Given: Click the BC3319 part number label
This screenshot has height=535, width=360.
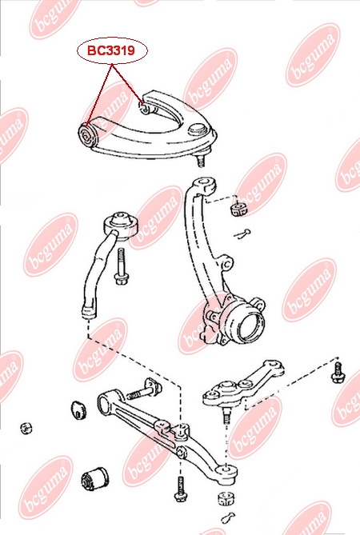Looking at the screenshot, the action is click(x=111, y=50).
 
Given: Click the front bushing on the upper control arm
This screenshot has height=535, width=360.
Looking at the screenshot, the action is click(x=88, y=135).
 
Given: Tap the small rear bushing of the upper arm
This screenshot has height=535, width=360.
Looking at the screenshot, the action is click(x=145, y=108).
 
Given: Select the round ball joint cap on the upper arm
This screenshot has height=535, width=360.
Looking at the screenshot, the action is click(x=197, y=130).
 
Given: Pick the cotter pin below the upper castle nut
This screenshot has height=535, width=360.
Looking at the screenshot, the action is click(x=242, y=234).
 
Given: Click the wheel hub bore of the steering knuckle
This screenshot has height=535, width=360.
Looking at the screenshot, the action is click(x=251, y=328).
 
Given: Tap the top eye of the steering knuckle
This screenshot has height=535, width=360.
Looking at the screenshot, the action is click(x=205, y=184).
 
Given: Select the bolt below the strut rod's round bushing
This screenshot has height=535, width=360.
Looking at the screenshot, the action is click(x=121, y=266).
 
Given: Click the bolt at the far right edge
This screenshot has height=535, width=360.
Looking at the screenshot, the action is click(x=338, y=373).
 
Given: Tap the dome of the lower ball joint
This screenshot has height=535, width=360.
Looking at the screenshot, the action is click(x=226, y=388).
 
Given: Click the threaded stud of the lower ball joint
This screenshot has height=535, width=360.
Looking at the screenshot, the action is click(x=226, y=415).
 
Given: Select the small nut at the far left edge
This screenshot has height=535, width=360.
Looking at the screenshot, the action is click(x=26, y=428).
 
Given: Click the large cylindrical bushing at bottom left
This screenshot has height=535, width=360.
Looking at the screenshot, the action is click(x=95, y=479).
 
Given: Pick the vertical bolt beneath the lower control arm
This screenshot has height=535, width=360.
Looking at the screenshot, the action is click(x=179, y=489).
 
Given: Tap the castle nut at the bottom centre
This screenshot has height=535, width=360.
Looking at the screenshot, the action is click(x=226, y=498).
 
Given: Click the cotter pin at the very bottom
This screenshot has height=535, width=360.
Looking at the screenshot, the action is click(x=228, y=517).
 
